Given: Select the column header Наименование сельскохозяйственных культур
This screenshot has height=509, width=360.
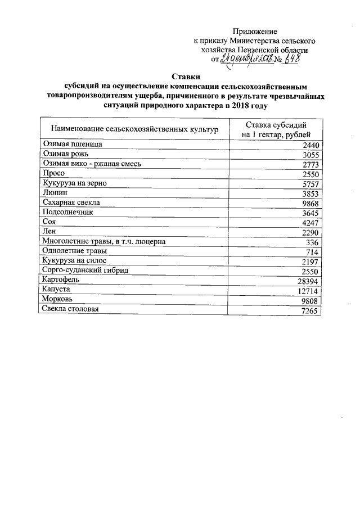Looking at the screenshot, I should pyautogui.click(x=134, y=129).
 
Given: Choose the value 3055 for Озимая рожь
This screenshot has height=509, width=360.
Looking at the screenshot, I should pyautogui.click(x=309, y=155).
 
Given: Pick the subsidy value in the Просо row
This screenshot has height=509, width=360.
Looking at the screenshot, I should pyautogui.click(x=309, y=174).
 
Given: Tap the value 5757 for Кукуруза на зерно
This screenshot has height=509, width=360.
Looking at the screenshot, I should pyautogui.click(x=309, y=184).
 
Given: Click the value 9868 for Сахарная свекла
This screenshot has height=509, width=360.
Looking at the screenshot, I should pyautogui.click(x=309, y=203).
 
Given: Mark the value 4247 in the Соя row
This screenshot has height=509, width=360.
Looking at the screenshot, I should pyautogui.click(x=309, y=223).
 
